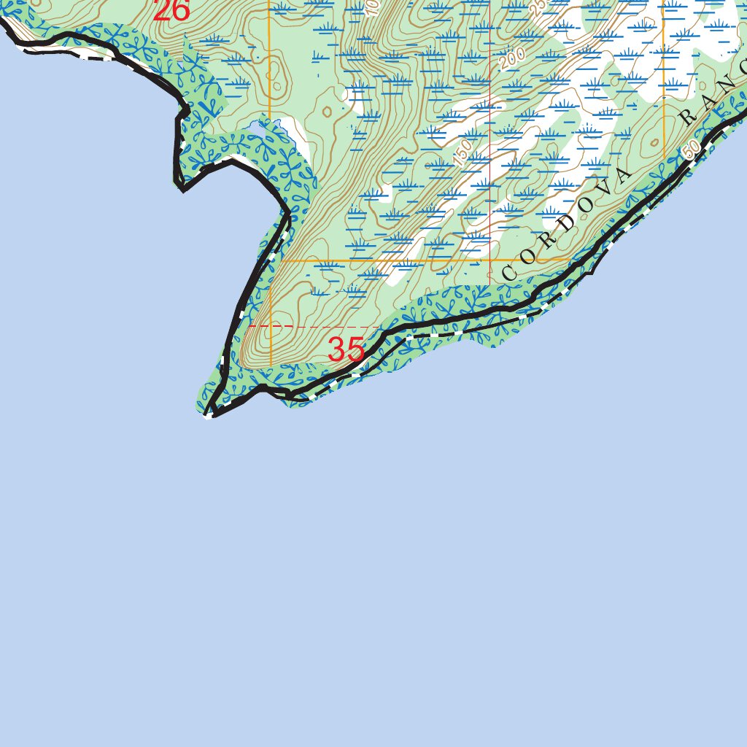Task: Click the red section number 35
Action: (346, 350)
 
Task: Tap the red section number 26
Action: (171, 10)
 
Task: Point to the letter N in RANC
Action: (729, 82)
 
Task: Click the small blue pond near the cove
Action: (256, 130)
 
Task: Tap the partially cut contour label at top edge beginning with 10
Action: (371, 7)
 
